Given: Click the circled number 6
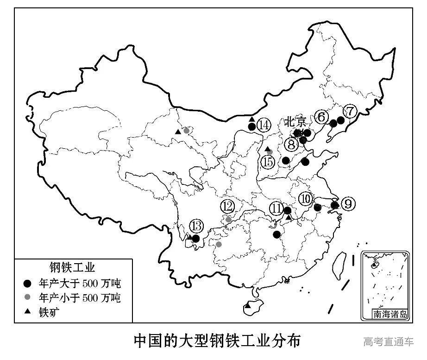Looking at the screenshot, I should (321, 117).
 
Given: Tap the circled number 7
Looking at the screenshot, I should (350, 111).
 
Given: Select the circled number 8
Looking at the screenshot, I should (291, 145).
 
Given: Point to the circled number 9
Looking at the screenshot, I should (348, 204).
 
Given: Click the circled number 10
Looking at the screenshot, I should (305, 199).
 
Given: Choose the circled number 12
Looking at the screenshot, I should (227, 206).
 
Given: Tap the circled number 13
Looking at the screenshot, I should (196, 227).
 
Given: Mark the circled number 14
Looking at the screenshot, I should (264, 125).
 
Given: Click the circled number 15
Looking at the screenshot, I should (267, 162).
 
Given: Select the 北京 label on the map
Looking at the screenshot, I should (295, 122).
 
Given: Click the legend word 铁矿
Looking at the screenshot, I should (50, 312).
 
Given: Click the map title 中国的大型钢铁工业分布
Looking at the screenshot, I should (217, 341).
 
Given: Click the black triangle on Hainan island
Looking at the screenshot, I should (248, 306).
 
